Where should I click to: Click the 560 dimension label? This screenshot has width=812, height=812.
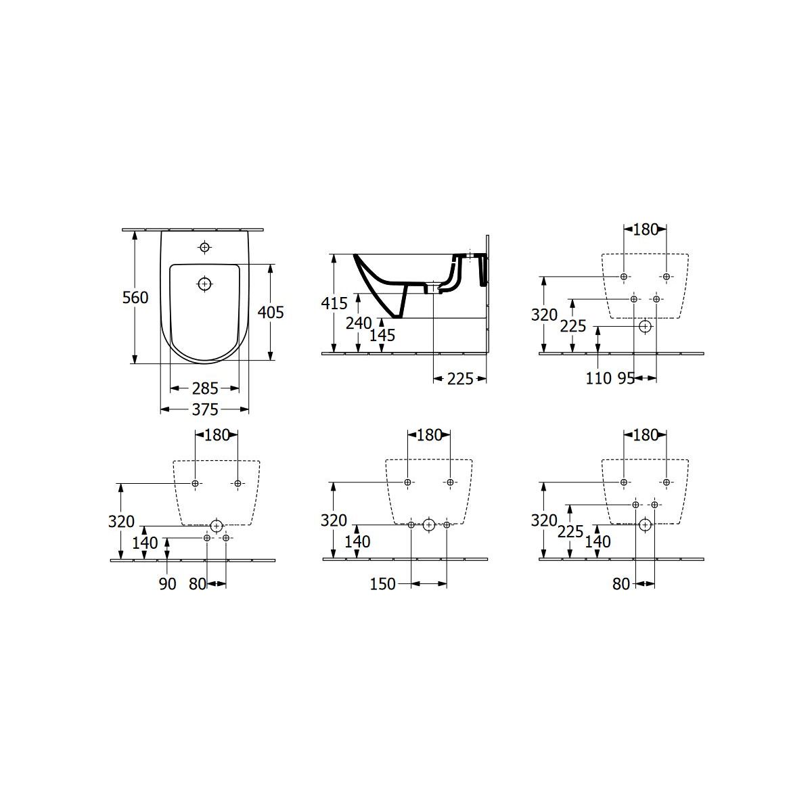point(135,298)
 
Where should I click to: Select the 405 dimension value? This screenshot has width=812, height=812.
point(271,312)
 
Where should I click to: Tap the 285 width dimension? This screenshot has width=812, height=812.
point(205,388)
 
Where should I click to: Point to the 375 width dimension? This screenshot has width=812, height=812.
point(205,409)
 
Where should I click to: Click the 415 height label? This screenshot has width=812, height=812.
point(334,303)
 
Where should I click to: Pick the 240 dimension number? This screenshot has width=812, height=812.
point(359,323)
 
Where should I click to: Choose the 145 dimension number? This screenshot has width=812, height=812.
point(382,336)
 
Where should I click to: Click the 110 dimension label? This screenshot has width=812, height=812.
point(598,378)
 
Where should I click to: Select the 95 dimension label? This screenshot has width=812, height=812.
point(626,378)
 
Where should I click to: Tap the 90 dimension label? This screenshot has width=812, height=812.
point(167,584)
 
